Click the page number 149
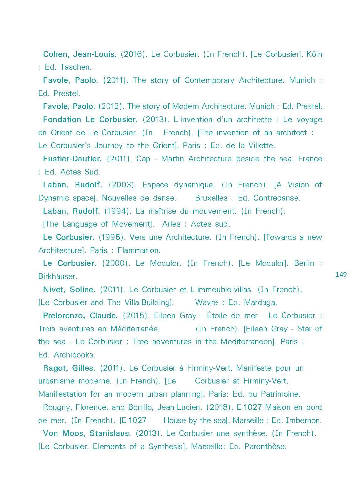[341, 275]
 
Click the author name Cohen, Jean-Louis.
[80, 54]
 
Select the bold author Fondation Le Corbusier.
[90, 120]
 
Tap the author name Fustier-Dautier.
[72, 159]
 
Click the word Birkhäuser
[58, 276]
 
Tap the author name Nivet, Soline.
[69, 290]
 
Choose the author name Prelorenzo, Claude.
[80, 316]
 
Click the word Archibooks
[74, 355]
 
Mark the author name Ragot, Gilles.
[69, 368]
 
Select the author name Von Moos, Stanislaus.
[87, 433]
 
